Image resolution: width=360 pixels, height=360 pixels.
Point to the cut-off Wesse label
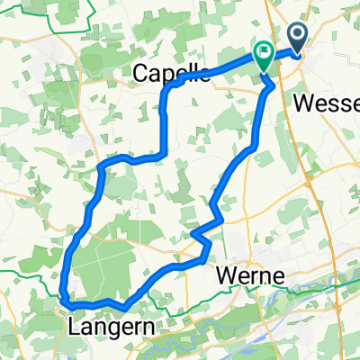[x=327, y=103]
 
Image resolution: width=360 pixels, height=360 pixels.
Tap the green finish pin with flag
[x=264, y=57]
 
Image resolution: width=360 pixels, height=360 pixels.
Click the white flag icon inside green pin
[x=264, y=52]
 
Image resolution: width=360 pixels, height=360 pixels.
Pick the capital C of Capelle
[x=141, y=73]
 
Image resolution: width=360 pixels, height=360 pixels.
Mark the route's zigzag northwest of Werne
[x=203, y=236]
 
